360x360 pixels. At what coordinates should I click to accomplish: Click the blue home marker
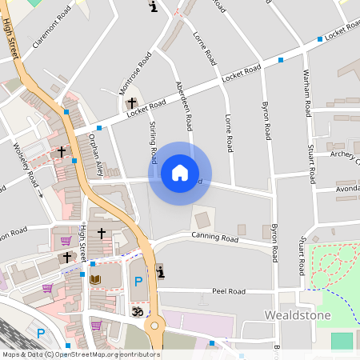(180, 173)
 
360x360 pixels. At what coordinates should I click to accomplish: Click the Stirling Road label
(154, 142)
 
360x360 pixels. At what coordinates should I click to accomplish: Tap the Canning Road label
(214, 237)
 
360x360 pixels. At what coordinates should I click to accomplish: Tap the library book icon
(95, 279)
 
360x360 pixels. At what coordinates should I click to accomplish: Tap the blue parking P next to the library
(138, 282)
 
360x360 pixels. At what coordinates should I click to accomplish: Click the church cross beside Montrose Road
(131, 103)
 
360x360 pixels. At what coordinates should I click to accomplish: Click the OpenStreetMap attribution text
(80, 354)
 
